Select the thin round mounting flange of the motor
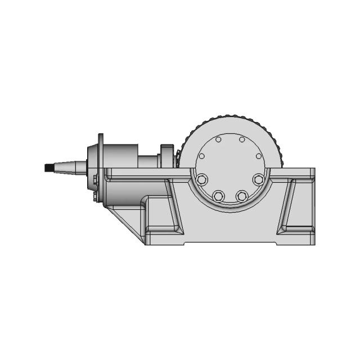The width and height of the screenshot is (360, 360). tap(100, 169)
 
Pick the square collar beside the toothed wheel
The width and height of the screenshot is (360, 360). tap(167, 156)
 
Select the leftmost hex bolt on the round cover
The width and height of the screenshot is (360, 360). tap(202, 179)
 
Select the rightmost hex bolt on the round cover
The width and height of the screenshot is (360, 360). tap(258, 179)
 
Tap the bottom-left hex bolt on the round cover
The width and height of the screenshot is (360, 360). tap(218, 196)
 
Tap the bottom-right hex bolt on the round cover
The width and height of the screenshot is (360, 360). tap(242, 196)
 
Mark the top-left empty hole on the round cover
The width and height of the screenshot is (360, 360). tap(219, 139)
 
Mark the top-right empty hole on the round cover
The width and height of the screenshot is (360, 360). tap(242, 139)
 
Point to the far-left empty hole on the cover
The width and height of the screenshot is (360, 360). tap(202, 156)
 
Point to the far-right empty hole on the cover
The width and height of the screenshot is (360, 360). tap(258, 156)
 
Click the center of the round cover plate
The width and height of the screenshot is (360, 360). tap(230, 168)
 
